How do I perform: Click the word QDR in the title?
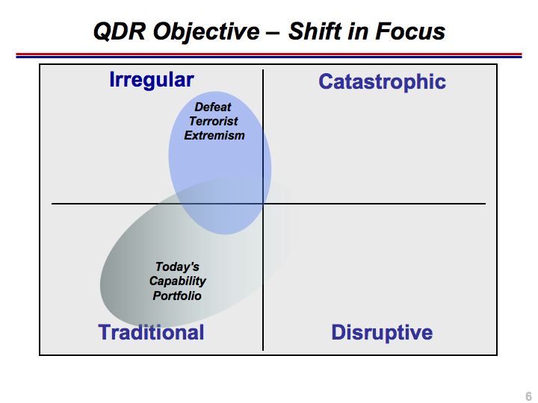click(119, 31)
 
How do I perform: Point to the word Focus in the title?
click(410, 31)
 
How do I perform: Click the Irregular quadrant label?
click(152, 81)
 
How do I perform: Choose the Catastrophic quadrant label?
click(383, 81)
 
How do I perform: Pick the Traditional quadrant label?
click(151, 332)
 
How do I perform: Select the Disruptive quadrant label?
click(382, 332)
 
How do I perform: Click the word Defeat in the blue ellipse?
click(213, 107)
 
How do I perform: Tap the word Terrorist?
click(214, 121)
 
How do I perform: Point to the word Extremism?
click(214, 135)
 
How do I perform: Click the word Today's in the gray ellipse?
click(177, 266)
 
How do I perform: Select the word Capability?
click(178, 281)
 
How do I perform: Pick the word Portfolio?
click(177, 296)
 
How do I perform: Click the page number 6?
click(528, 396)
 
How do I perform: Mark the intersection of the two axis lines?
click(263, 204)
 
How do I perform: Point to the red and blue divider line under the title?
click(269, 55)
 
